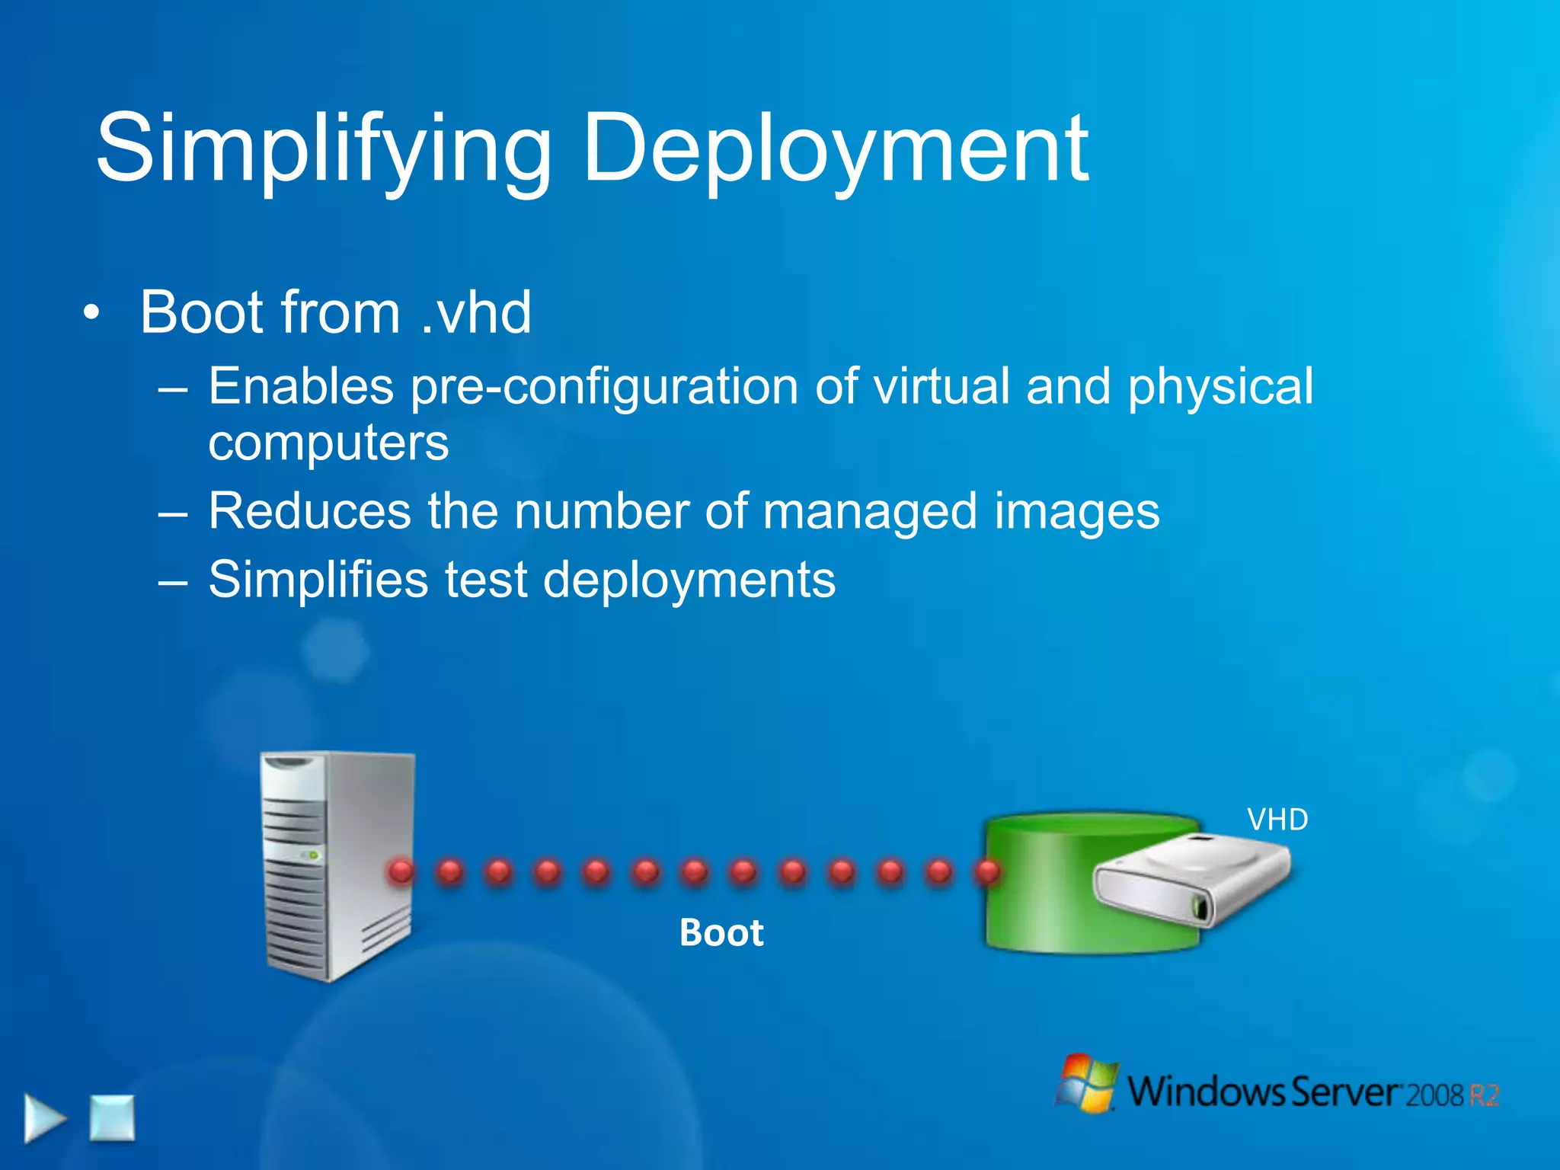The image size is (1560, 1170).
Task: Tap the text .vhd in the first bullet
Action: click(x=475, y=312)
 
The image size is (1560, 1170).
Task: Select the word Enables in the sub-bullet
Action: click(x=301, y=385)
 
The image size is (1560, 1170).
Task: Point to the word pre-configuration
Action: click(x=604, y=387)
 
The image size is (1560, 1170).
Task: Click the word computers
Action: click(x=328, y=443)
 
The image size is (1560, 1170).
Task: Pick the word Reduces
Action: click(x=309, y=510)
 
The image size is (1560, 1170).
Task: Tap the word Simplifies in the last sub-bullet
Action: click(x=318, y=580)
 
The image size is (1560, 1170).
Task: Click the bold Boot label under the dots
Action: click(x=721, y=932)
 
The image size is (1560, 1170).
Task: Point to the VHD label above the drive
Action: click(x=1277, y=820)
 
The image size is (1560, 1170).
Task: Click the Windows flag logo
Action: click(x=1087, y=1082)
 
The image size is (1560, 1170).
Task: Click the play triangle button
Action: click(x=43, y=1118)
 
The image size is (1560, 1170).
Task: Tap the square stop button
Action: click(x=112, y=1117)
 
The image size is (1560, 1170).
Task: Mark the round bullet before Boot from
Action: click(x=91, y=313)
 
